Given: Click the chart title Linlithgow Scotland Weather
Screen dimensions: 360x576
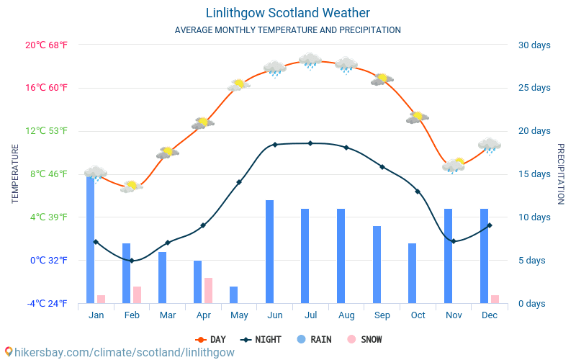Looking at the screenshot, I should click(288, 13).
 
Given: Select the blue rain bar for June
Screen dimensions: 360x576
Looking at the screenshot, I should click(269, 251).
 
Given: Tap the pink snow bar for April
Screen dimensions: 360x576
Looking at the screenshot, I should click(208, 290).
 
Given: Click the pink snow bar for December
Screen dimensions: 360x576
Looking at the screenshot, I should click(495, 299).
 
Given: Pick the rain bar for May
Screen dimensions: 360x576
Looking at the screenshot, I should click(233, 294).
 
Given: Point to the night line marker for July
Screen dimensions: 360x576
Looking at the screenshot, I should click(310, 143).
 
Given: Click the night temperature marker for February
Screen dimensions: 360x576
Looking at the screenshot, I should click(132, 261).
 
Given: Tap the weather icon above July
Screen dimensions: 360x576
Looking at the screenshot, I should click(310, 61).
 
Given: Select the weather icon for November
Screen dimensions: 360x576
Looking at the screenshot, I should click(454, 166).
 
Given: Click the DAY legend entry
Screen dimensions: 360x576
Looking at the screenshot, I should click(210, 339).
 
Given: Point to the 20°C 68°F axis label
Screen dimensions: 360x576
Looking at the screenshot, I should click(47, 45).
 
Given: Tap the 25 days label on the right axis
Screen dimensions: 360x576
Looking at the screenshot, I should click(534, 88).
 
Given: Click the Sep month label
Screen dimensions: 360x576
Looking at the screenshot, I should click(382, 315).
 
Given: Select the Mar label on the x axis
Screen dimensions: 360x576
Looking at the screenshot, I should click(168, 315).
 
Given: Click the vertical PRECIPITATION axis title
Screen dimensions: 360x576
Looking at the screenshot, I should click(560, 174).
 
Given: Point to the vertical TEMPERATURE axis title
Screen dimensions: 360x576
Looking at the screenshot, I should click(15, 174).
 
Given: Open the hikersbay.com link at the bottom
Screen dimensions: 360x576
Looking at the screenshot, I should click(120, 352).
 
